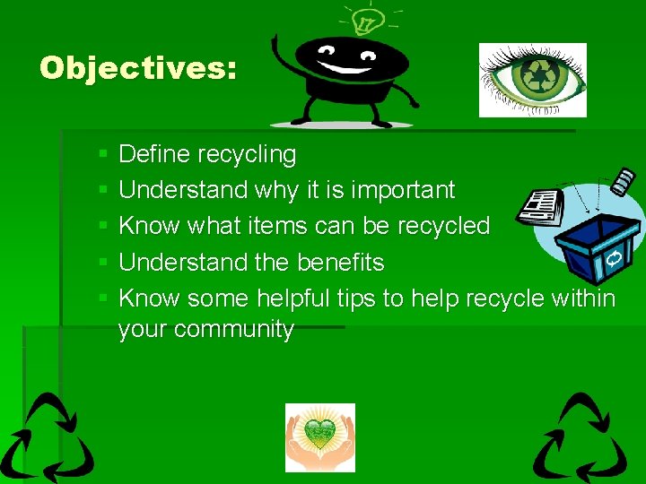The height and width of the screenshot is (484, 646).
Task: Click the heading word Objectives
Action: pos(137,68)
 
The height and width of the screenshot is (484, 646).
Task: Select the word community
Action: pos(237,330)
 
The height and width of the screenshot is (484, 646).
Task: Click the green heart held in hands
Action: pos(319,434)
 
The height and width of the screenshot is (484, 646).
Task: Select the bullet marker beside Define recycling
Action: pos(104,155)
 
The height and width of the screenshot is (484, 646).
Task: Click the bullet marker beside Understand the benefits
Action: pos(104,264)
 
